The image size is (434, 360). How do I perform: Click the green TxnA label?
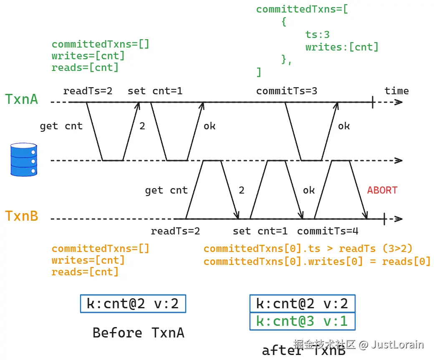coord(21,99)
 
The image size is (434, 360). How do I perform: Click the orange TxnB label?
coord(21,216)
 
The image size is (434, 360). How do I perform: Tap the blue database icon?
coord(23,159)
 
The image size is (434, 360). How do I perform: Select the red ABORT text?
coord(382,190)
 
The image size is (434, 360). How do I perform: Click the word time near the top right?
coord(396,91)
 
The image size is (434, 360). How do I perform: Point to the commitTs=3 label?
coord(286,91)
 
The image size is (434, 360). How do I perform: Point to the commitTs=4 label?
coord(328,231)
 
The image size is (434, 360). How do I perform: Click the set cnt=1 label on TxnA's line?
coord(155,91)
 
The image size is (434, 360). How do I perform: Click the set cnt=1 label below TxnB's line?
coord(260,231)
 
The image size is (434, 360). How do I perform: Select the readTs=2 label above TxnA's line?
coord(88,91)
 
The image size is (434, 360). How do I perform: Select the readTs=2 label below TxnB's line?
coord(175,231)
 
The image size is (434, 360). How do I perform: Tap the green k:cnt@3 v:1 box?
coord(302,321)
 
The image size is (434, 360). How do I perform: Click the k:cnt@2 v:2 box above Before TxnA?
coord(133,303)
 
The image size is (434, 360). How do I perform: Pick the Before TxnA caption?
coord(138,333)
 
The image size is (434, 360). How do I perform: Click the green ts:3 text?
coord(317,35)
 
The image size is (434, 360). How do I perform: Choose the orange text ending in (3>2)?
coord(308,249)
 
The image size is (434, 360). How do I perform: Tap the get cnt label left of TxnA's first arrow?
coord(61,126)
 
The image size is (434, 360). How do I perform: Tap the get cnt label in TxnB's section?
coord(166,190)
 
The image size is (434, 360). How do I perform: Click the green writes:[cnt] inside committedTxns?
coord(341,47)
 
